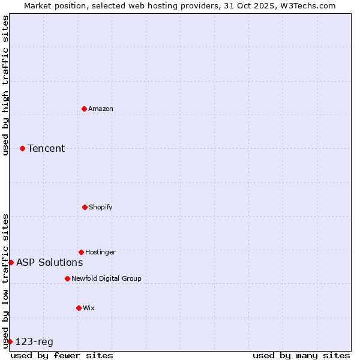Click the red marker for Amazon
(84, 109)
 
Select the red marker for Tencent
(22, 148)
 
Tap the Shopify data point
(85, 207)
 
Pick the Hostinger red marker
(81, 252)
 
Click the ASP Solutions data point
(11, 262)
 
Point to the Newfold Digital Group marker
(67, 278)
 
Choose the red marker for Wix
(79, 308)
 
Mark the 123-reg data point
(10, 341)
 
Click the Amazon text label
(101, 109)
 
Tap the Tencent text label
(46, 148)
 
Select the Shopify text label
(101, 207)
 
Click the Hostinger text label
(100, 252)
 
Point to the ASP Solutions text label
(49, 262)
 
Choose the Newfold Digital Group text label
(106, 278)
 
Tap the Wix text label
(89, 308)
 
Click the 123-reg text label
(34, 342)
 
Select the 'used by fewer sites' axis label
(62, 355)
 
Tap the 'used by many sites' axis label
(301, 355)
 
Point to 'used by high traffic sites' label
(5, 85)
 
